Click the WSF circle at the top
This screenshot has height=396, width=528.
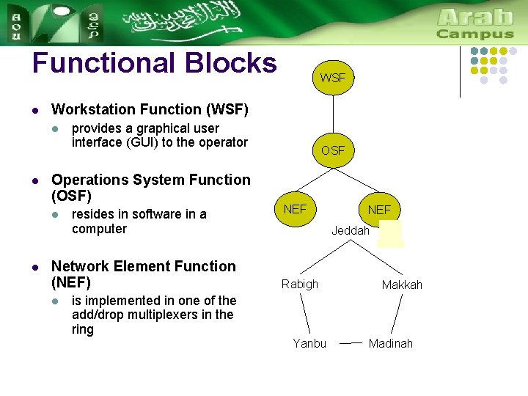coord(333,77)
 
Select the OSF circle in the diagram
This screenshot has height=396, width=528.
coord(333,150)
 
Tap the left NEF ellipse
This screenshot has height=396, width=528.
coord(295,209)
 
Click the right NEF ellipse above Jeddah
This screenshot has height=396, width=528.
coord(379,210)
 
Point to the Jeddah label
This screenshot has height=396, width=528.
coord(351,230)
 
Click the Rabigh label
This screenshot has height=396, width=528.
coord(300,284)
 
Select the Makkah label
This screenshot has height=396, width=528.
coord(402,285)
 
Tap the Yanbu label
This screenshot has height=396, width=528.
coord(309,343)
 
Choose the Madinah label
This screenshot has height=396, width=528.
coord(391,343)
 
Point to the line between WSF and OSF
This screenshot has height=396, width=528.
coord(333,114)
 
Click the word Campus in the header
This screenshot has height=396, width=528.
coord(475,34)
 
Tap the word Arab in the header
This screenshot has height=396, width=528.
coord(475,16)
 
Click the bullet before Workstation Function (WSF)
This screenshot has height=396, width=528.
coord(34,111)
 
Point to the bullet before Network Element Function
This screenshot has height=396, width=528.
coord(34,268)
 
